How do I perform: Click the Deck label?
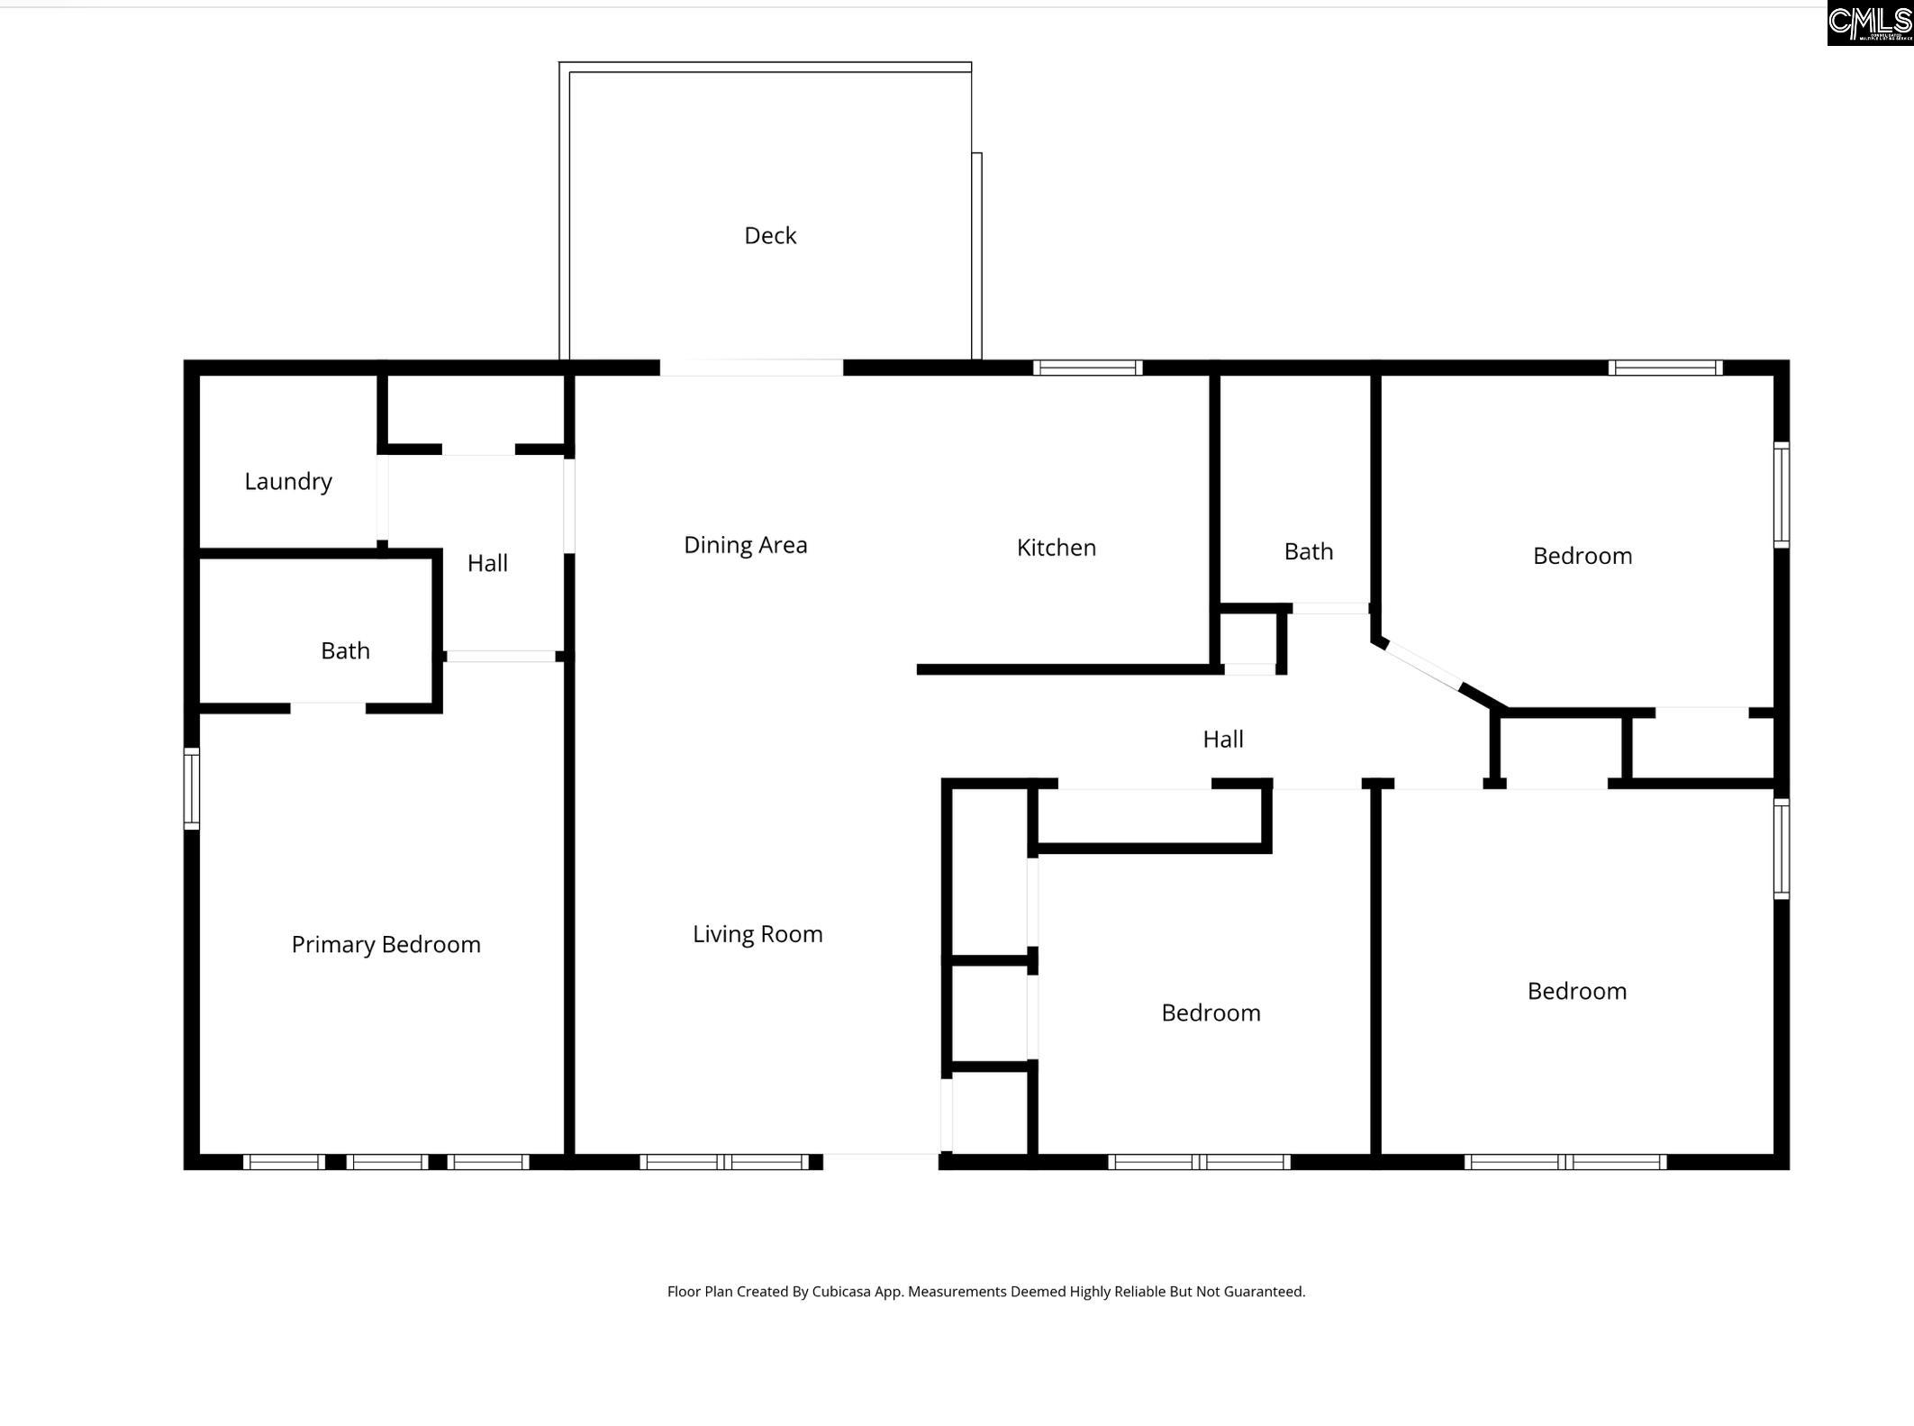click(x=770, y=236)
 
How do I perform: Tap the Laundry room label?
click(x=288, y=482)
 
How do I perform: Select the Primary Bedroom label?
click(x=386, y=944)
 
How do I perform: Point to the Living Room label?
click(x=757, y=934)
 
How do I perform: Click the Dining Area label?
click(x=745, y=545)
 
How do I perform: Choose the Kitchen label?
click(x=1056, y=548)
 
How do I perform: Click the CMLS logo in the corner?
click(x=1869, y=23)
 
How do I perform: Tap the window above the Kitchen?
click(x=1087, y=368)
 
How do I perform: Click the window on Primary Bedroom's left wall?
click(x=192, y=788)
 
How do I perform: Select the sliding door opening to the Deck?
click(x=751, y=368)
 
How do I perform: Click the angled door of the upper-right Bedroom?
click(x=1423, y=668)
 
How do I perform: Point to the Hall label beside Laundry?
click(x=487, y=564)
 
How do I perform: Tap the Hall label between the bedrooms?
click(x=1222, y=740)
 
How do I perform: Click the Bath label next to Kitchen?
click(x=1308, y=551)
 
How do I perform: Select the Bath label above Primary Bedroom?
click(x=345, y=650)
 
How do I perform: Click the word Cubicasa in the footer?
click(x=839, y=1292)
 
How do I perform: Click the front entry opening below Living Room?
click(x=881, y=1161)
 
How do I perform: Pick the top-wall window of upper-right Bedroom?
click(x=1665, y=368)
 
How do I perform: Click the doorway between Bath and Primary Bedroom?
click(x=328, y=709)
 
